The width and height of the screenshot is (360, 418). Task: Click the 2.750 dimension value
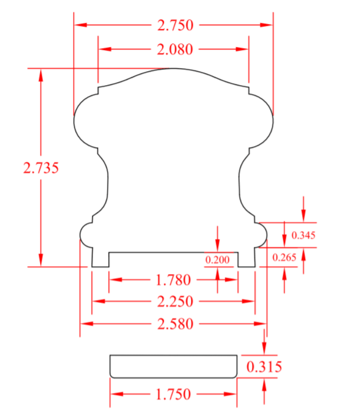click(175, 25)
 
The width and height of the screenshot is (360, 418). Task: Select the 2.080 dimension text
click(175, 49)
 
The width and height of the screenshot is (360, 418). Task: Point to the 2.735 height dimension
click(41, 168)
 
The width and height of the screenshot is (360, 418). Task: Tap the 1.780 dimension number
click(173, 280)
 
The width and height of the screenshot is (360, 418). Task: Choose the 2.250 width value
click(175, 301)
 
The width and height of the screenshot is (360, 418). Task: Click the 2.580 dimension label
click(175, 324)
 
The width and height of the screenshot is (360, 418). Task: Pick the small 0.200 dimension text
click(218, 259)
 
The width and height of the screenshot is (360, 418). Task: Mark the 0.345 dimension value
click(304, 235)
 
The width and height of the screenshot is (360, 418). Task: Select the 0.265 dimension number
click(284, 257)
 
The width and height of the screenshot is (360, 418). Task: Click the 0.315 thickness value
click(264, 367)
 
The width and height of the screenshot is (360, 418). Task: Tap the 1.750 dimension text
click(173, 394)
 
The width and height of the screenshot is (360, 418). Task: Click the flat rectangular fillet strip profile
click(173, 366)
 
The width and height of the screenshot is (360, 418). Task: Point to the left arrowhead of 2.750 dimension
click(80, 25)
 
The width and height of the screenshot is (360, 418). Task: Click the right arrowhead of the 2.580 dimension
click(261, 324)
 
